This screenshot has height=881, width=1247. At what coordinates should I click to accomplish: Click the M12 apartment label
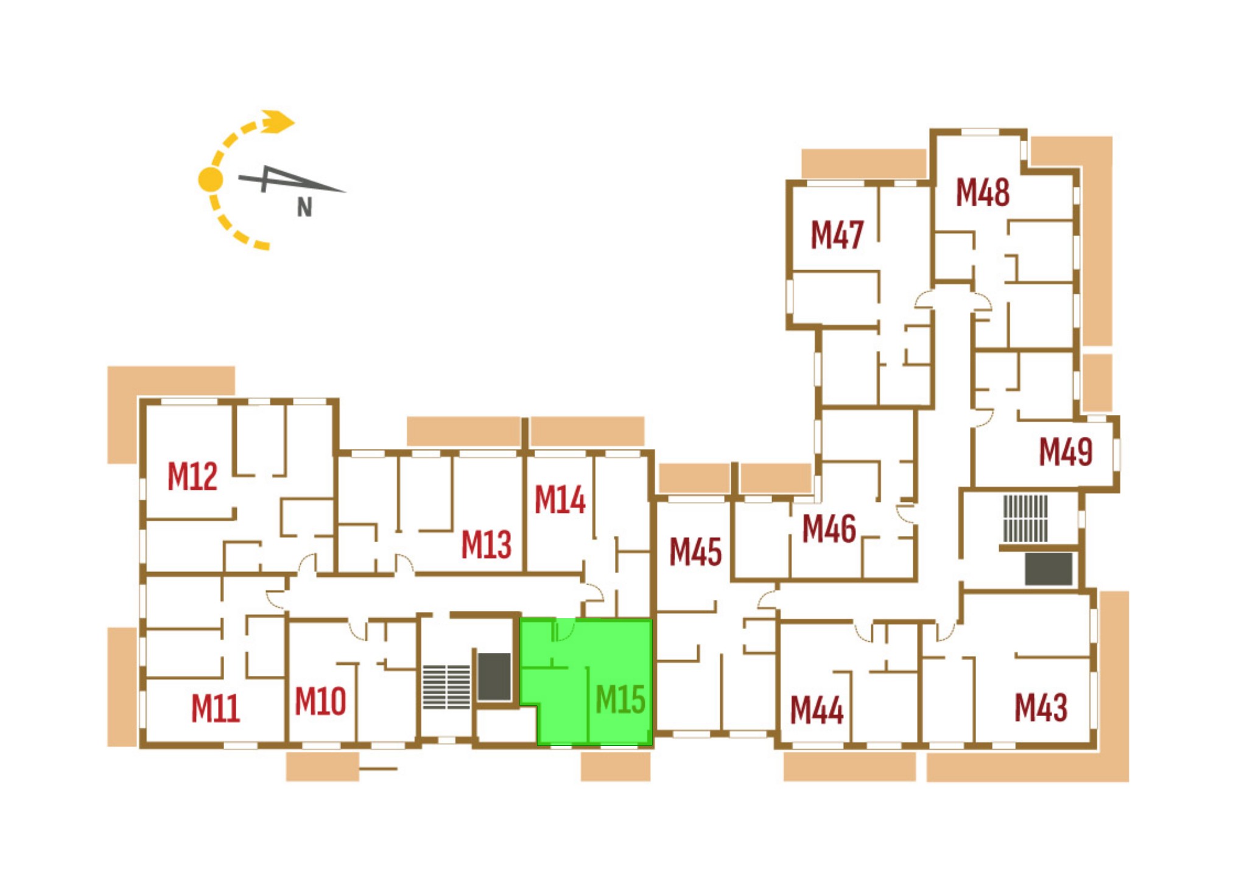(x=192, y=476)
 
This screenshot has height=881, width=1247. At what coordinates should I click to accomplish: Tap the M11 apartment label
(x=216, y=708)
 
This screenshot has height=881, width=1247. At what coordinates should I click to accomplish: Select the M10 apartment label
(x=320, y=701)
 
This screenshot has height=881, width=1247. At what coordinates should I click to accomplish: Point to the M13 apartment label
(x=487, y=545)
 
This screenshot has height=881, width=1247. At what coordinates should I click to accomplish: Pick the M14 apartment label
(x=560, y=500)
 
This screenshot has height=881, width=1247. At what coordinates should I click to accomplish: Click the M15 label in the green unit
(x=620, y=699)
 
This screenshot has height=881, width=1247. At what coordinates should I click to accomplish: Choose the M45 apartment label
(x=695, y=552)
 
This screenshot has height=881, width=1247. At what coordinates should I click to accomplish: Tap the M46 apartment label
(x=829, y=529)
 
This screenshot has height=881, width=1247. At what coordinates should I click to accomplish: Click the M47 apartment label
(x=837, y=235)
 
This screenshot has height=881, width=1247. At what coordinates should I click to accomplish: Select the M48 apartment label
(x=983, y=192)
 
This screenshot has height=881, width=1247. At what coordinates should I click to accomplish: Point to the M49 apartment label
(x=1066, y=452)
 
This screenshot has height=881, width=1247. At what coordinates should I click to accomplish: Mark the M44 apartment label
(x=817, y=710)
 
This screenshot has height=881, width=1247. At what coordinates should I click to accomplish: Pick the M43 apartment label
(x=1041, y=708)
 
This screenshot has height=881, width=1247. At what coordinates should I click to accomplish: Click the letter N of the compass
(x=304, y=208)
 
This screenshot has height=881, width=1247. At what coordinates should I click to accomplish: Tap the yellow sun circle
(x=211, y=179)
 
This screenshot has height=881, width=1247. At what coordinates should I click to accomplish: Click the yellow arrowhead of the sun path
(x=278, y=121)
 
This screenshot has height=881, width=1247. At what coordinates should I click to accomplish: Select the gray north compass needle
(x=292, y=179)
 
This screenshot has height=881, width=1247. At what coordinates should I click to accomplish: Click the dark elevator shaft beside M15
(x=494, y=677)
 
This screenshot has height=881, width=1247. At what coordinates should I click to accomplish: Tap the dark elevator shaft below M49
(x=1049, y=569)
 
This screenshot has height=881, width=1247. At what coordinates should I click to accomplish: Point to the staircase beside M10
(x=447, y=687)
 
